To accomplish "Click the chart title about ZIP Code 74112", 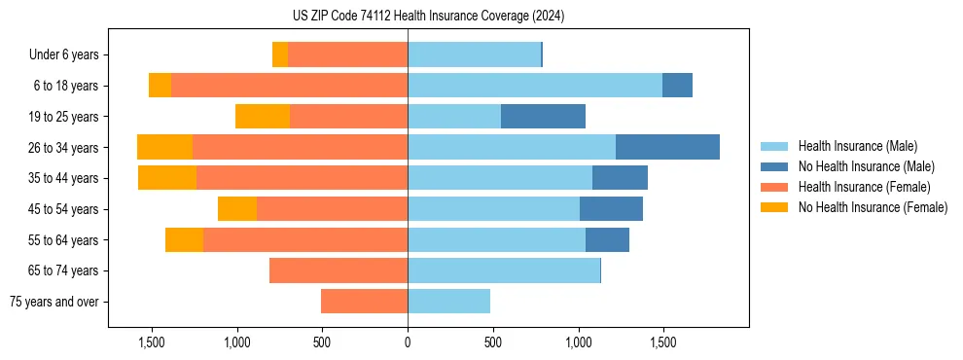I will point(428,17).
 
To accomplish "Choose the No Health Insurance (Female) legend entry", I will point(873,207).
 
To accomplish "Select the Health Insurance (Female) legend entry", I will point(864,187).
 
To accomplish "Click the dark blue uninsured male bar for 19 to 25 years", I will point(543,117).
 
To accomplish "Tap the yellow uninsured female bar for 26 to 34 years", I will point(164,147).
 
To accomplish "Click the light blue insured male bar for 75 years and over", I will point(448,302).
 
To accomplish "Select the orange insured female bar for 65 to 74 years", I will point(339,270).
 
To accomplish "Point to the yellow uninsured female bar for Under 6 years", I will point(280,55).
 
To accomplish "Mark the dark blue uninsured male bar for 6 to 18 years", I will point(677,86).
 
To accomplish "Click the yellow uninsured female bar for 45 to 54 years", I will point(237,209).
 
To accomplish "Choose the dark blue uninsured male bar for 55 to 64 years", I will point(607,239).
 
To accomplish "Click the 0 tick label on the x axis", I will point(408,343).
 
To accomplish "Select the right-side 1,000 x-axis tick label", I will point(578,343).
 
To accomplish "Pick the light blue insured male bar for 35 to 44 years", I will point(500,178).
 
